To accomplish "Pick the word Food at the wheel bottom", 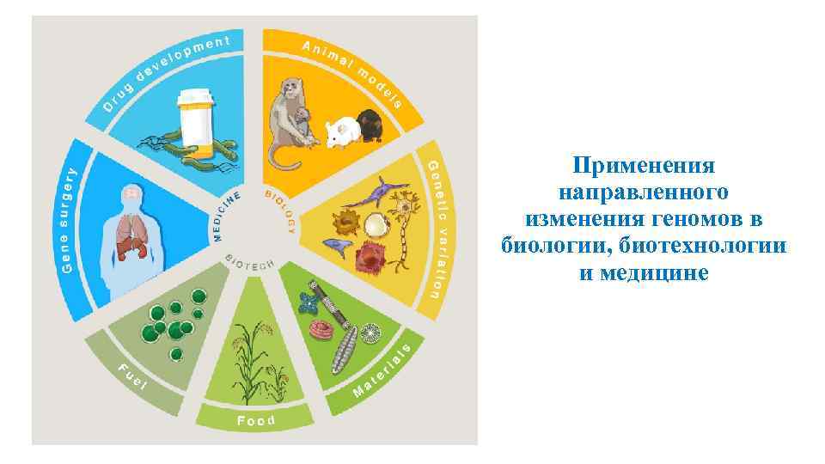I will click(257, 420).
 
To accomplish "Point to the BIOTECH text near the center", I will click(248, 260).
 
